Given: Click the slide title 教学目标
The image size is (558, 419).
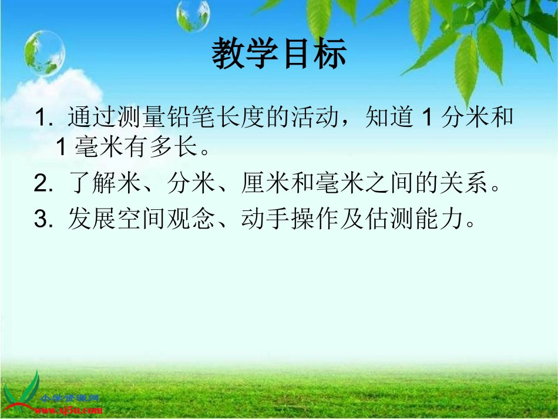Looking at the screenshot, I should coord(279,54).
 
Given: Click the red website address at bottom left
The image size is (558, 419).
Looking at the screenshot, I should coord(70,407).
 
